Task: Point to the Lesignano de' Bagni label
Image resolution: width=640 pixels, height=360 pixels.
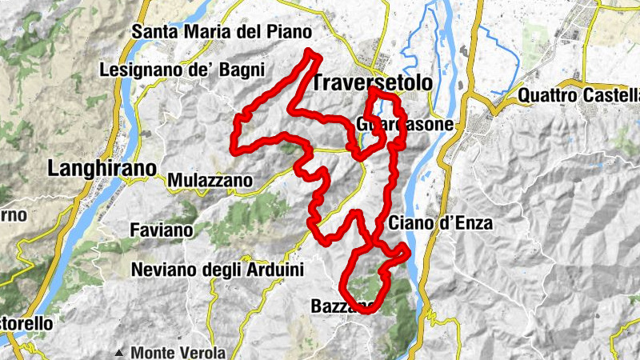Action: pyautogui.click(x=182, y=70)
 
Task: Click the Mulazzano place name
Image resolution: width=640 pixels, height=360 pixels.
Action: pyautogui.click(x=210, y=181)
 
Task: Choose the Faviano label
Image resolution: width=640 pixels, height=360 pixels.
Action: pyautogui.click(x=162, y=230)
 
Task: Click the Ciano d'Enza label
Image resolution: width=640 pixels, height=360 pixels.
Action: pyautogui.click(x=441, y=223)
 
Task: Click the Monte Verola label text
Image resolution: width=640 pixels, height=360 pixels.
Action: pyautogui.click(x=178, y=352)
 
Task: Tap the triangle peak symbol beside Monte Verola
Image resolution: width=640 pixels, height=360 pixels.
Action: pyautogui.click(x=119, y=352)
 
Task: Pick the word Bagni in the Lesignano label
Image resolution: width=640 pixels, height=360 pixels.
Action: pyautogui.click(x=239, y=70)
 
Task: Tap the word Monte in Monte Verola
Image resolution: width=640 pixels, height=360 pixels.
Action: pyautogui.click(x=153, y=352)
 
